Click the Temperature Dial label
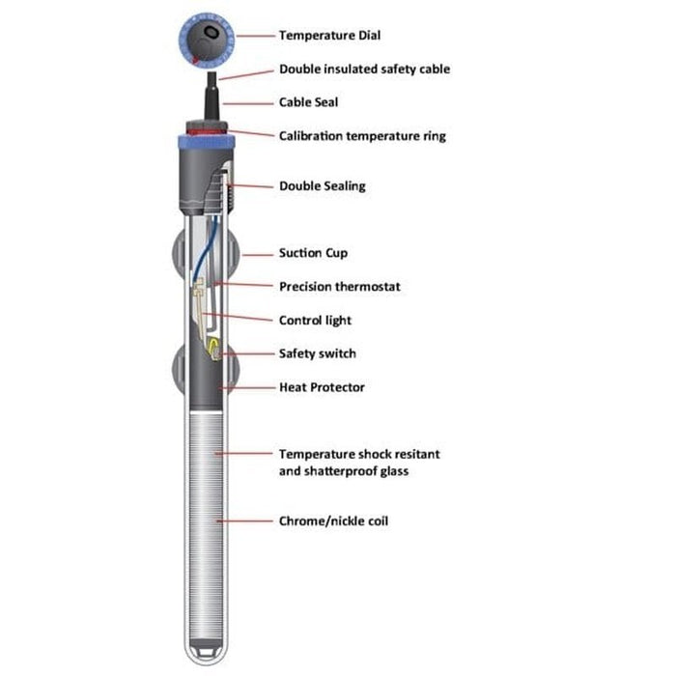(329, 36)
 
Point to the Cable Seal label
(308, 102)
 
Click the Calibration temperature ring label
(362, 136)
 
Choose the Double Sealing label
(322, 186)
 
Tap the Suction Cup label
(313, 253)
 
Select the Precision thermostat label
(339, 287)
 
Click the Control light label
(315, 321)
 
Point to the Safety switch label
(317, 354)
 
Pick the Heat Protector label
(322, 388)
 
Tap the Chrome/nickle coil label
(334, 521)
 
